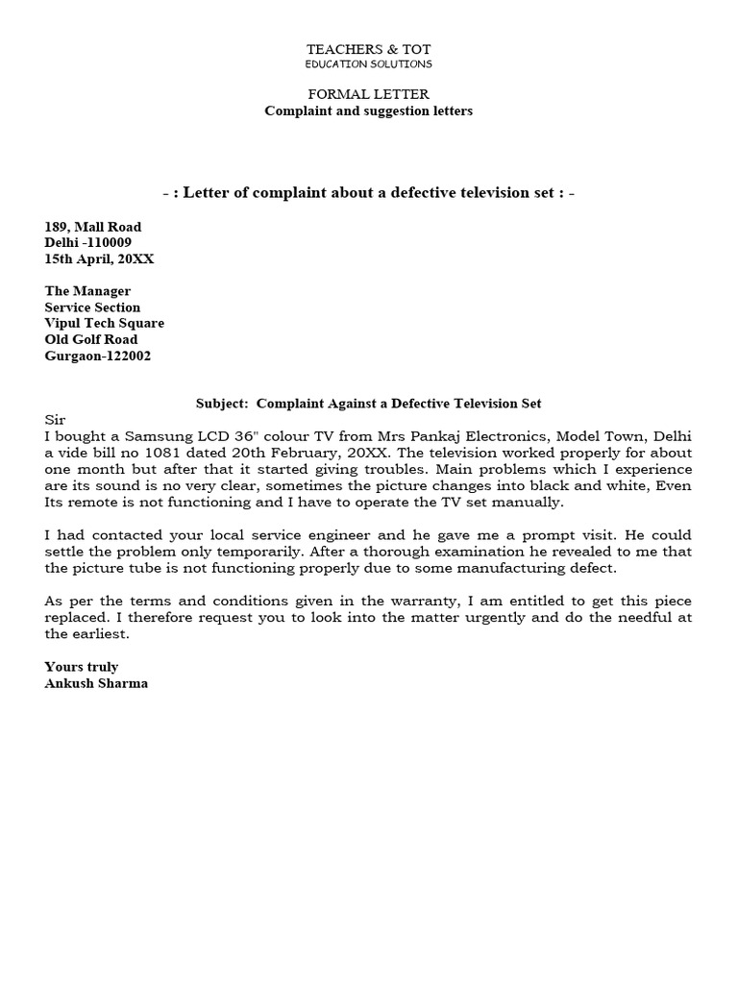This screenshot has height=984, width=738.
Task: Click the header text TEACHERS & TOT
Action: click(369, 48)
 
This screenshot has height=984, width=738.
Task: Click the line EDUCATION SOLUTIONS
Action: click(369, 63)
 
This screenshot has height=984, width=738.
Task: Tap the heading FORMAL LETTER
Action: click(369, 94)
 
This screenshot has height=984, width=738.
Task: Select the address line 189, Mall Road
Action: click(93, 227)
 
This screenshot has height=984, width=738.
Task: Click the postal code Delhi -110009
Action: click(88, 242)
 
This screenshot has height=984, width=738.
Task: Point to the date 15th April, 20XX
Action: click(100, 258)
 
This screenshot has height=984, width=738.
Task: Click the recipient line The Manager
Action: click(88, 290)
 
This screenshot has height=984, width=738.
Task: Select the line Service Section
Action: click(93, 307)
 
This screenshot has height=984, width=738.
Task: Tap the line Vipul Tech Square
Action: click(105, 323)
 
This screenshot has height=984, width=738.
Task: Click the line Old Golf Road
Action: click(91, 339)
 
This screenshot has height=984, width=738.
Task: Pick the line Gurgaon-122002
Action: click(98, 356)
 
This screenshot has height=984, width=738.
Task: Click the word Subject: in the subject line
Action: click(222, 404)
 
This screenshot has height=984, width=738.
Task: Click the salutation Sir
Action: click(55, 420)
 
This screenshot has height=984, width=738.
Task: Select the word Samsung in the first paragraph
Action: click(154, 437)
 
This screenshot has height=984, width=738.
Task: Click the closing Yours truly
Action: click(82, 667)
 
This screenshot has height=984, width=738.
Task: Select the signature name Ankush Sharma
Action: click(96, 683)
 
